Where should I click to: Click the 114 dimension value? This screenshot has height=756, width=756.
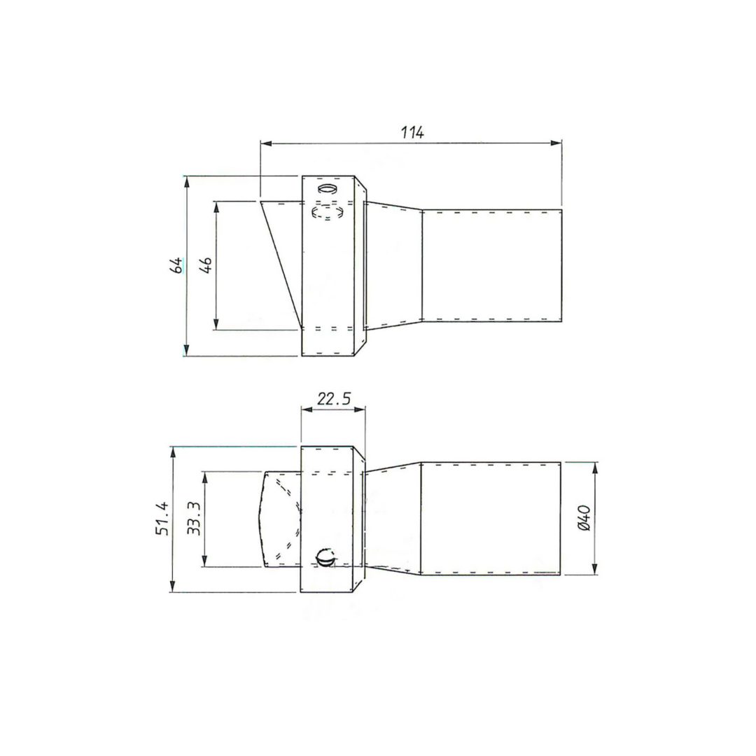(x=412, y=132)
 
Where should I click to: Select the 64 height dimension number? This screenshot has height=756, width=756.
(x=176, y=266)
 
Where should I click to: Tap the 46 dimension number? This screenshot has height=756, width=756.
(x=205, y=266)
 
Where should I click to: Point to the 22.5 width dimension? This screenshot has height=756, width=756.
(x=334, y=399)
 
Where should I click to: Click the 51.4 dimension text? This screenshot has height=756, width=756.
(x=162, y=518)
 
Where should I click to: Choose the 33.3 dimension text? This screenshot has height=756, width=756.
(x=194, y=518)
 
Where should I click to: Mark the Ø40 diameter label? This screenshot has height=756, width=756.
(x=583, y=518)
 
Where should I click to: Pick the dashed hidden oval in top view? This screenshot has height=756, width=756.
(x=328, y=211)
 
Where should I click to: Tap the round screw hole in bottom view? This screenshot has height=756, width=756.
(x=325, y=558)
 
